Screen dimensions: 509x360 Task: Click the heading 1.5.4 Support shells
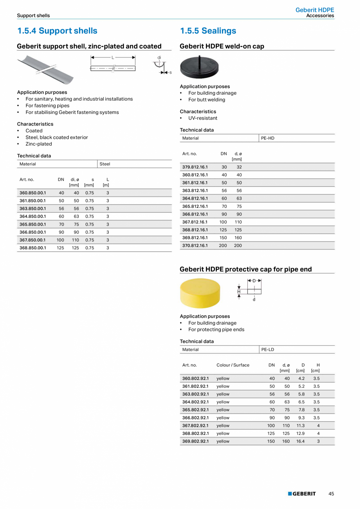click(x=57, y=31)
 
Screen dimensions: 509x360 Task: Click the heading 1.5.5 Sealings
click(x=208, y=31)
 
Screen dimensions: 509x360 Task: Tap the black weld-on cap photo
click(x=199, y=67)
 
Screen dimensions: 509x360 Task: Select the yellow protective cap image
click(x=200, y=293)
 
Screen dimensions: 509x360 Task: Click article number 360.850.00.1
click(x=32, y=193)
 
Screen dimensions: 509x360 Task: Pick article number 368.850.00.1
click(x=32, y=248)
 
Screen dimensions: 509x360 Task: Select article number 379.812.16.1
click(x=195, y=167)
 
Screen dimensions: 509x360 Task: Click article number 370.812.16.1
click(x=195, y=245)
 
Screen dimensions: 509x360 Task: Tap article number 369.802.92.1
click(x=195, y=441)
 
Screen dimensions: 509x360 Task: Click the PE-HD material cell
click(x=268, y=138)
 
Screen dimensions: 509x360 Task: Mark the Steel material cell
click(x=105, y=164)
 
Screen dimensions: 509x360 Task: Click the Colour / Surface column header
click(x=233, y=365)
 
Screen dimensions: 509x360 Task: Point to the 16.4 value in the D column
click(x=300, y=441)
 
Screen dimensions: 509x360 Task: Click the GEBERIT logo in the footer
click(x=302, y=494)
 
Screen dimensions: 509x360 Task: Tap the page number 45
click(x=331, y=494)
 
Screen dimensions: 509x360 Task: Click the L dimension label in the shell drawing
click(x=113, y=58)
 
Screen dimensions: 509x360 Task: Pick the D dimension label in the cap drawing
click(x=254, y=281)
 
